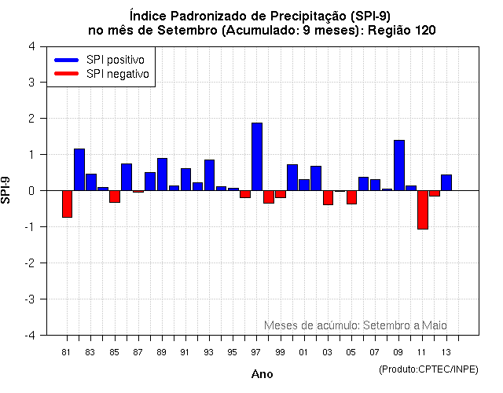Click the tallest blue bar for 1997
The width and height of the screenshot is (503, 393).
257,156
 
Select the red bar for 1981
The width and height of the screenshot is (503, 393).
68,204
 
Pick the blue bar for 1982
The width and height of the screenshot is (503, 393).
79,169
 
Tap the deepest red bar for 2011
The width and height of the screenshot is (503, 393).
423,209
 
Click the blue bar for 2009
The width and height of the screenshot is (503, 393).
399,165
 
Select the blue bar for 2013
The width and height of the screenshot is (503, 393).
446,182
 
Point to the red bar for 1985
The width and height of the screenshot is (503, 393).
115,196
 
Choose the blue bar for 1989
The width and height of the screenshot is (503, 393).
162,174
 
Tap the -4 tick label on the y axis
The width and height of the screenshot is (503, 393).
29,336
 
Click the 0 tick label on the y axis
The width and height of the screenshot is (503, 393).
31,191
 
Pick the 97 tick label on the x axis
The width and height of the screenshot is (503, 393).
256,352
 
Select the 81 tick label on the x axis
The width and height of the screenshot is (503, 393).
67,352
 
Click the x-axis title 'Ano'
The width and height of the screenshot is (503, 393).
262,374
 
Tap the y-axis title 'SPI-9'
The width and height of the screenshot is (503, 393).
7,190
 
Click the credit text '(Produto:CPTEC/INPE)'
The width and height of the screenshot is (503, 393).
429,369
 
